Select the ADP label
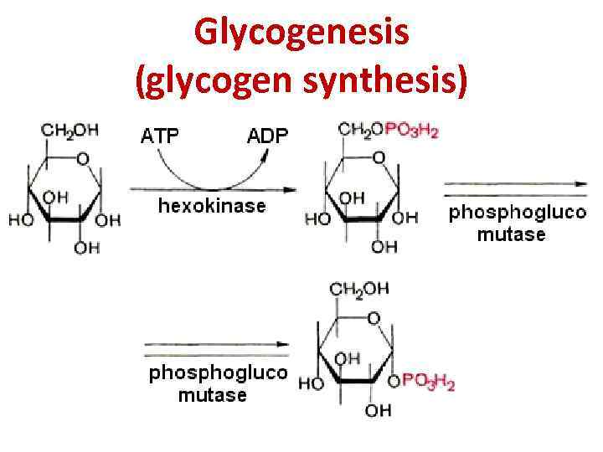(x=266, y=134)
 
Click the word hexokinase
(x=213, y=206)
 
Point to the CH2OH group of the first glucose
(x=70, y=130)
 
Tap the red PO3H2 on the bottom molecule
(x=429, y=383)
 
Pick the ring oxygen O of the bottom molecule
(x=373, y=318)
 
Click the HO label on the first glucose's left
(x=20, y=220)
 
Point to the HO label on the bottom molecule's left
(x=310, y=383)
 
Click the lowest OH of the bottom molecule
(x=378, y=410)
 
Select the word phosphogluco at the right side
(x=518, y=213)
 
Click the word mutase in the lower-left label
(x=212, y=395)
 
